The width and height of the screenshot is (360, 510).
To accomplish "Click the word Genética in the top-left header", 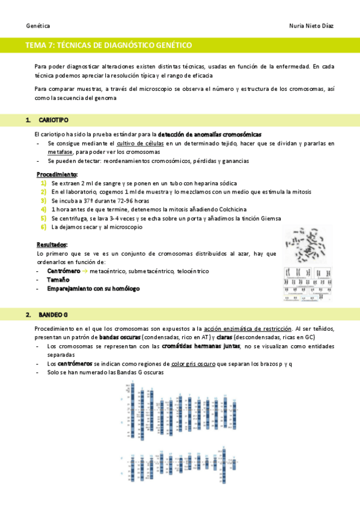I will click(38, 26).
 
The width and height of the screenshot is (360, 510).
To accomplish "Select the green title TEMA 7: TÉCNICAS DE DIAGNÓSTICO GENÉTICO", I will click(109, 45).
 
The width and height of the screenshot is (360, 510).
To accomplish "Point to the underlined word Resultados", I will click(52, 245).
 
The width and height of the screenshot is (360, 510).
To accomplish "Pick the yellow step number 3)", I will click(43, 200).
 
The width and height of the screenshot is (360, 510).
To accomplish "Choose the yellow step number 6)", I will click(43, 227).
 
